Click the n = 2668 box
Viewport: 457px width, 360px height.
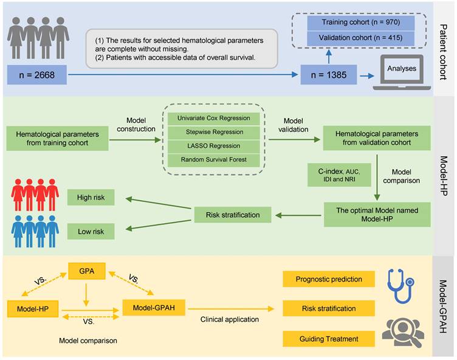(x=38, y=75)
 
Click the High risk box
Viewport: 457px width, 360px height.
(x=91, y=198)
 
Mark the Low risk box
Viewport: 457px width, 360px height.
(x=91, y=232)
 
